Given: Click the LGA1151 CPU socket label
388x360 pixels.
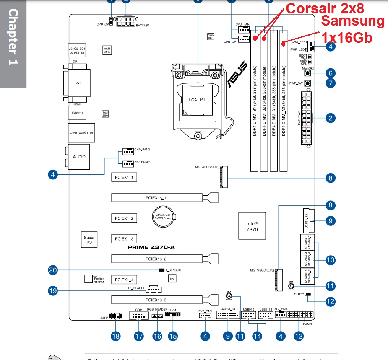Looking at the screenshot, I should (197, 101).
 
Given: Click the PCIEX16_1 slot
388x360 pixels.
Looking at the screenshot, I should (158, 197).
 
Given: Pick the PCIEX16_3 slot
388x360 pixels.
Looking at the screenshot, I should (158, 300).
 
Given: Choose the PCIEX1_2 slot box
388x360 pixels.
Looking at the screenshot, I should (124, 218).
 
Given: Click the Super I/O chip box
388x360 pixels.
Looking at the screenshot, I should (89, 240).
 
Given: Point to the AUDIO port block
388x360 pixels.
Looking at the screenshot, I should (79, 157).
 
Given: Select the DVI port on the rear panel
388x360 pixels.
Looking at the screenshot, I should (78, 83).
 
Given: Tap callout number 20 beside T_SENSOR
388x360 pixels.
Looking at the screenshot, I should (53, 271).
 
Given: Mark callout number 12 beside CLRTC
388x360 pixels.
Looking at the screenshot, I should (331, 300).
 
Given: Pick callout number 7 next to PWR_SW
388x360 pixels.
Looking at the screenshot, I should (331, 83).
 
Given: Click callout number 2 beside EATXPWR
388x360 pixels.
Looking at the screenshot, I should (331, 118).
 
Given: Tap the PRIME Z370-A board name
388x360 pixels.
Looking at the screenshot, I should (151, 247).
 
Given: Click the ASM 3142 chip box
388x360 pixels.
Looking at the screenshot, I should (107, 50).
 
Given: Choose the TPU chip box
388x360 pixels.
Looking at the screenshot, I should (172, 278).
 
